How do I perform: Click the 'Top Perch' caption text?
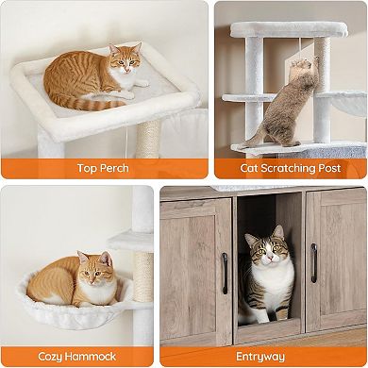tap(104, 168)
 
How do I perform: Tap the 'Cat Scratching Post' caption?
tap(289, 168)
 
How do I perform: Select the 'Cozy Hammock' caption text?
tap(77, 356)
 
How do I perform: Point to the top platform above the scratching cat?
tap(288, 29)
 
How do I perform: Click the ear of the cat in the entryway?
tap(278, 232)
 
